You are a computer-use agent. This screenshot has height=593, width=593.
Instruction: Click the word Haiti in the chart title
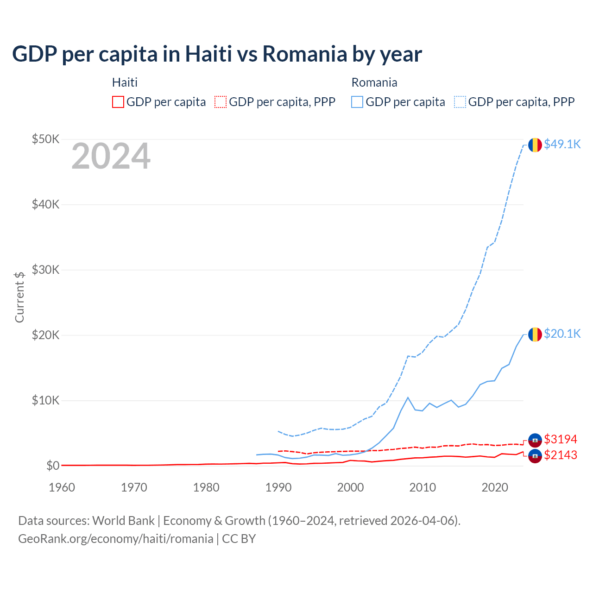click(208, 54)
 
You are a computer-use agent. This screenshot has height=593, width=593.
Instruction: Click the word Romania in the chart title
click(305, 54)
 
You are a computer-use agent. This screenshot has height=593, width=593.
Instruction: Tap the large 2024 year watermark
click(111, 157)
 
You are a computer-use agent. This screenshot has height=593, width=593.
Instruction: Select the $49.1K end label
click(562, 144)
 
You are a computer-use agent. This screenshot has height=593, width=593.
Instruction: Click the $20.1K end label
click(562, 334)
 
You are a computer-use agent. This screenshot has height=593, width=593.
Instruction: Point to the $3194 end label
click(561, 439)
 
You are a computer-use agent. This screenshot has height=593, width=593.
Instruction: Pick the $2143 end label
click(561, 455)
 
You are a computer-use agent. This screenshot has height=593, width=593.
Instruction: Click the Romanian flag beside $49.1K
click(535, 145)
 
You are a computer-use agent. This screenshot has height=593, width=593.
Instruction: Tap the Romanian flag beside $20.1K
click(535, 334)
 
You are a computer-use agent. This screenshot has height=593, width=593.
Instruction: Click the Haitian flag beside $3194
click(535, 440)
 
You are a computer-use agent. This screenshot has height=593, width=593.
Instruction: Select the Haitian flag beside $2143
click(535, 456)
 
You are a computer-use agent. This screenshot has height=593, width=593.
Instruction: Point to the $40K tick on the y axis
click(45, 204)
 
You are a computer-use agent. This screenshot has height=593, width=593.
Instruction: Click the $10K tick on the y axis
click(45, 400)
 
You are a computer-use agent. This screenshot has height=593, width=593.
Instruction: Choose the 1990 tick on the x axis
click(278, 487)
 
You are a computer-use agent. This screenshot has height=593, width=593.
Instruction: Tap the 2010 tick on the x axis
click(423, 487)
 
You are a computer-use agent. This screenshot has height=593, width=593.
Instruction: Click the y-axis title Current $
click(19, 297)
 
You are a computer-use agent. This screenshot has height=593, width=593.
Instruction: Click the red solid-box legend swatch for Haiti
click(118, 102)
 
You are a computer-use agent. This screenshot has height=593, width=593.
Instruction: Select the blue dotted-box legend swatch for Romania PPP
click(460, 102)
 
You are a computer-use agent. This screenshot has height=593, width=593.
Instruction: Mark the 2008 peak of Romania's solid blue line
click(408, 397)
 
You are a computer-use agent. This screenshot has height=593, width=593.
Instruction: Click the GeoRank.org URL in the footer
click(115, 539)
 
